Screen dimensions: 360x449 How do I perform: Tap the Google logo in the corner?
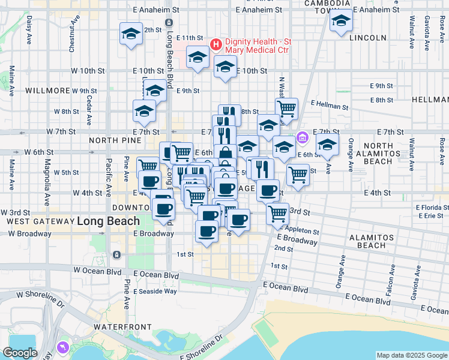(x=20, y=353)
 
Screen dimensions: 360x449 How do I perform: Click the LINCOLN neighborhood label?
(x=367, y=38)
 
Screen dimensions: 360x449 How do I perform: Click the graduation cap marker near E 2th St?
(x=131, y=33)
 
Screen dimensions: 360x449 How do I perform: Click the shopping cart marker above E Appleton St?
(x=277, y=212)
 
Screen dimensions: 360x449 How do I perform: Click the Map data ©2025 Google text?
(x=412, y=355)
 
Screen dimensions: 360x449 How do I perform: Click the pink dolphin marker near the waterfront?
(x=62, y=347)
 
